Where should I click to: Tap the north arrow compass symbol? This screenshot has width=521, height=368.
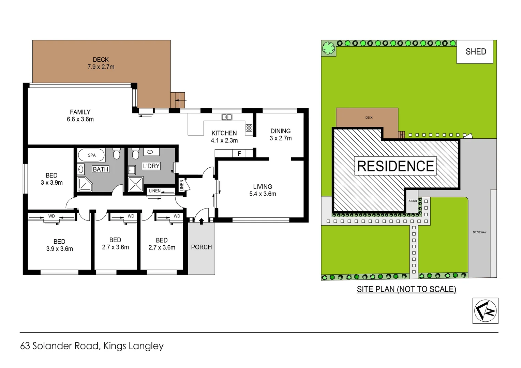(x=485, y=311)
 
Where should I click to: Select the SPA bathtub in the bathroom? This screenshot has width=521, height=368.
(x=91, y=155)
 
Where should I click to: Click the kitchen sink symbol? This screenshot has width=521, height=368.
(x=227, y=117)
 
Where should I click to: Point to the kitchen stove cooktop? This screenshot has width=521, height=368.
(x=249, y=128)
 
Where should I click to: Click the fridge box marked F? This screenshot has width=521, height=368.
(x=239, y=154)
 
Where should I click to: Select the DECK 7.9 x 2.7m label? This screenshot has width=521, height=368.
(x=101, y=63)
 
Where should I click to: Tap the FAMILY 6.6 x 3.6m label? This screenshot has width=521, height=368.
(x=80, y=116)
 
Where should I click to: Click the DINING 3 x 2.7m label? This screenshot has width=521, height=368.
(x=281, y=135)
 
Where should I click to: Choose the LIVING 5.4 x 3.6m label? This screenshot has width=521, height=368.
(x=263, y=190)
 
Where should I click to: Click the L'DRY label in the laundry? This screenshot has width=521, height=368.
(x=151, y=166)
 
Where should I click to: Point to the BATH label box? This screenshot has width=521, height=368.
(x=101, y=169)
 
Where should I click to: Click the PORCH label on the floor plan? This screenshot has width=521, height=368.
(x=201, y=247)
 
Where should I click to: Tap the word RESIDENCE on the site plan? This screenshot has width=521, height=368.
(x=396, y=166)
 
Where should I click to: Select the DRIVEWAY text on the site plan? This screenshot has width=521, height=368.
(x=479, y=232)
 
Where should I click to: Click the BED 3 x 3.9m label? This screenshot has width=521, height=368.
(x=51, y=179)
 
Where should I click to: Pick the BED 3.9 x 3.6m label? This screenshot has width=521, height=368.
(x=59, y=245)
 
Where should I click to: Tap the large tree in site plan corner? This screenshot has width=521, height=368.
(x=329, y=48)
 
